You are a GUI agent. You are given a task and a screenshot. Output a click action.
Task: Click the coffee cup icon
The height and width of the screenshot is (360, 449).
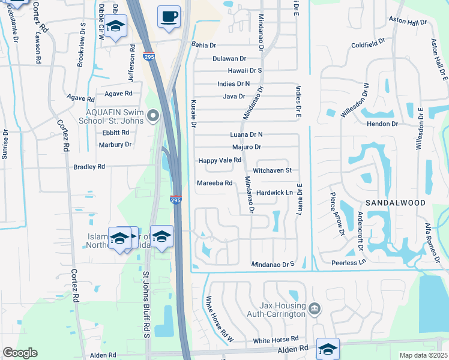(x=169, y=16)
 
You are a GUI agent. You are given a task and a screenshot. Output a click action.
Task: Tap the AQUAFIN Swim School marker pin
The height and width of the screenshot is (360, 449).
(x=154, y=116)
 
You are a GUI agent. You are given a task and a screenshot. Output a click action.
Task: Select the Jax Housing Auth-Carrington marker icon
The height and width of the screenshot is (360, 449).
(x=315, y=310)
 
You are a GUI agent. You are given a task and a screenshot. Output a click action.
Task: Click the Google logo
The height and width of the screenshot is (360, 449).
(x=20, y=353)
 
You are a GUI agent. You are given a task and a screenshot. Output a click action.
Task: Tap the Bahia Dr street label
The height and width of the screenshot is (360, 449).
(x=203, y=44)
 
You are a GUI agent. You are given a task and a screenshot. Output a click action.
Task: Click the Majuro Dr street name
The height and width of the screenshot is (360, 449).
(x=246, y=147)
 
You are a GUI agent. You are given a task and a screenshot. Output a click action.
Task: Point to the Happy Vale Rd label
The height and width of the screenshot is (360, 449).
(x=220, y=160)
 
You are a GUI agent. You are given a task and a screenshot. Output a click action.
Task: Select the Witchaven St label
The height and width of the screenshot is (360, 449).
(x=272, y=171)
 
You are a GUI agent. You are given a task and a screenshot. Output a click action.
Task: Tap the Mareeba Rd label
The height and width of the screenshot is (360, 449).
(x=214, y=183)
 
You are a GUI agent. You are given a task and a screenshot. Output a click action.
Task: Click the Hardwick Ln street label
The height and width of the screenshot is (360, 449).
(x=274, y=193)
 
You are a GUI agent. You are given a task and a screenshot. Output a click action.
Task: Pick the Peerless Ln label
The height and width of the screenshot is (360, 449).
(x=348, y=263)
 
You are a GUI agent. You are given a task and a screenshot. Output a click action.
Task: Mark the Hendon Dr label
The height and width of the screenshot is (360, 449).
(x=386, y=124)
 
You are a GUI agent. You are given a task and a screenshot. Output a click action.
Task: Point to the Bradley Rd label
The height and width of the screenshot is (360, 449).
(x=89, y=167)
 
